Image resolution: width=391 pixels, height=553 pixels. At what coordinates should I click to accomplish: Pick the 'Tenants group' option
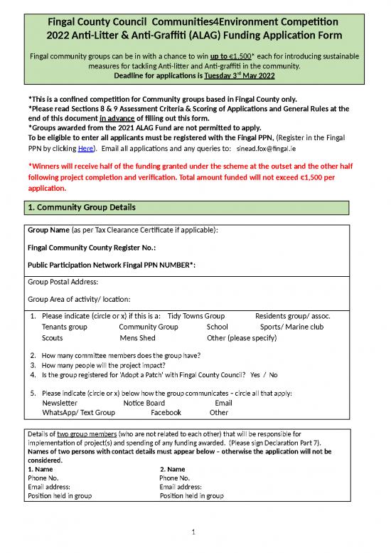point(65,327)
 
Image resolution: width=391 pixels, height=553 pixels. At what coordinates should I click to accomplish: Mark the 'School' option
point(217,327)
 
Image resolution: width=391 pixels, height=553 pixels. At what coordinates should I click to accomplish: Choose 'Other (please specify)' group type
point(241,338)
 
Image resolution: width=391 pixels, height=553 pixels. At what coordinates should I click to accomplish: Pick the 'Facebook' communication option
point(166,412)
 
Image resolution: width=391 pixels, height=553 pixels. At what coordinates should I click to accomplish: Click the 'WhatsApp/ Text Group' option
point(78,412)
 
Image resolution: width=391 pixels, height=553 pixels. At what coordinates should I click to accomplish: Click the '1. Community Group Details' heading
point(76,207)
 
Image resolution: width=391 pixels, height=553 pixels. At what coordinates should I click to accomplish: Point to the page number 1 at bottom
point(194,531)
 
